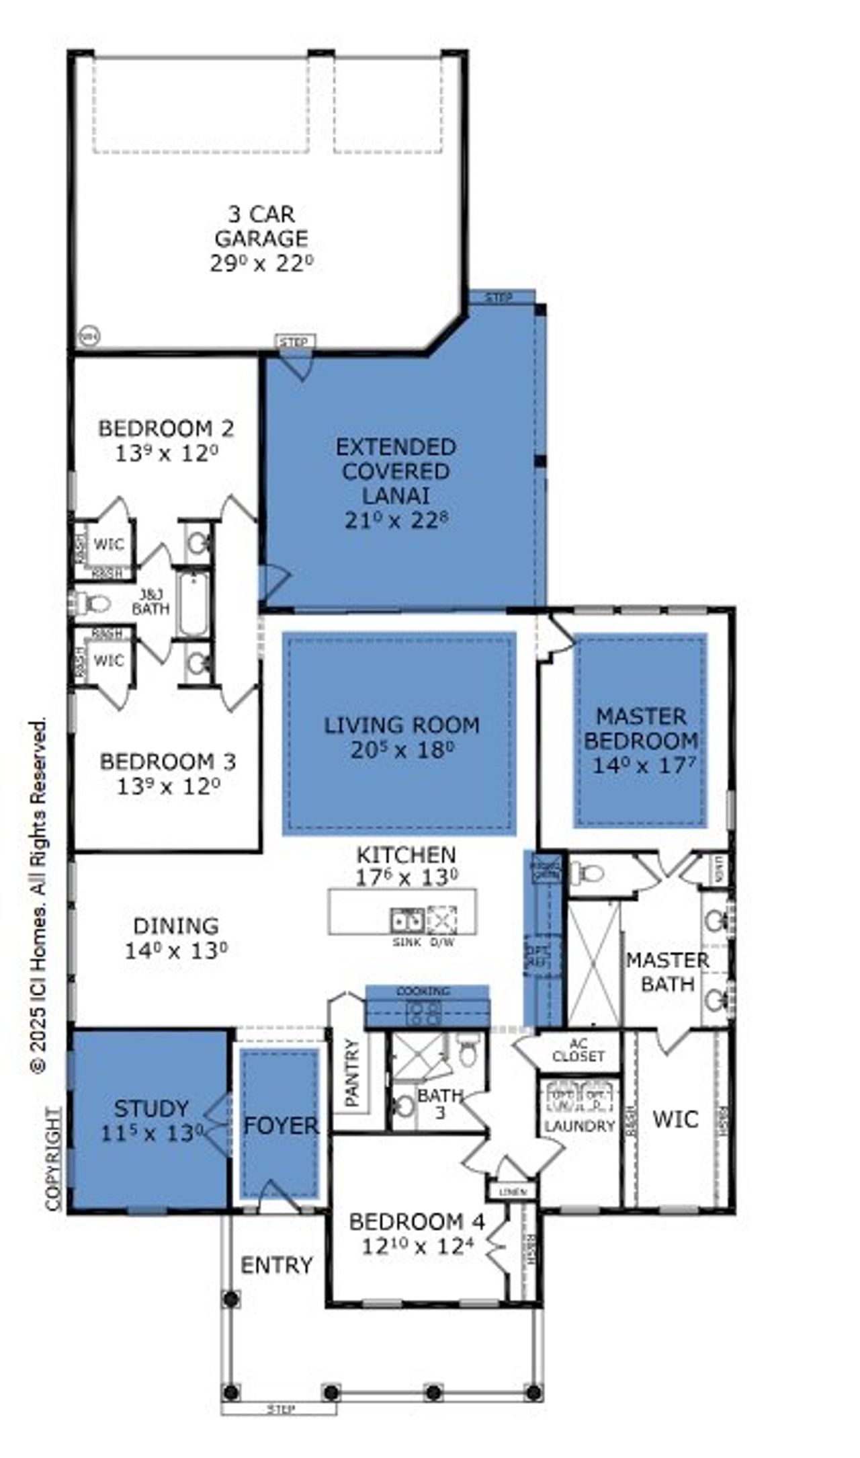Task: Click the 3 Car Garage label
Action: tap(261, 227)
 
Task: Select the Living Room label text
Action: tap(402, 725)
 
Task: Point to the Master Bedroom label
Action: tap(641, 728)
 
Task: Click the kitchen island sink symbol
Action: tap(407, 919)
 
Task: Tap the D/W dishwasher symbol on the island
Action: tap(441, 919)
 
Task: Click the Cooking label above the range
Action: tap(423, 991)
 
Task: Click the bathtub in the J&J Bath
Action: tap(193, 604)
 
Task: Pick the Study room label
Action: tap(150, 1108)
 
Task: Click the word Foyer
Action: tap(281, 1126)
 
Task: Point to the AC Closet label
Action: tap(578, 1051)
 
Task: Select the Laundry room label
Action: tap(579, 1126)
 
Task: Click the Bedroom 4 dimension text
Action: tap(417, 1247)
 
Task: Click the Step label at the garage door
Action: tap(295, 342)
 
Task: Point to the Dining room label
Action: tap(176, 926)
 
